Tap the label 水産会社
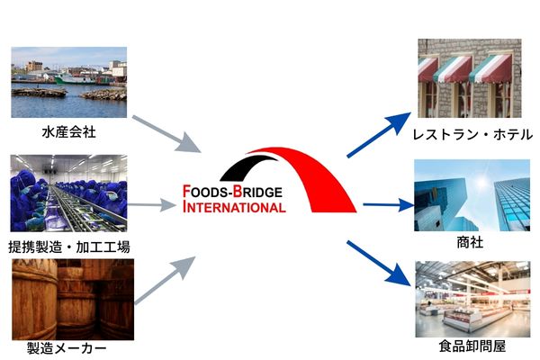(68, 132)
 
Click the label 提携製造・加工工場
(68, 246)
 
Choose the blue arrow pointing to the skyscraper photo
(382, 205)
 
